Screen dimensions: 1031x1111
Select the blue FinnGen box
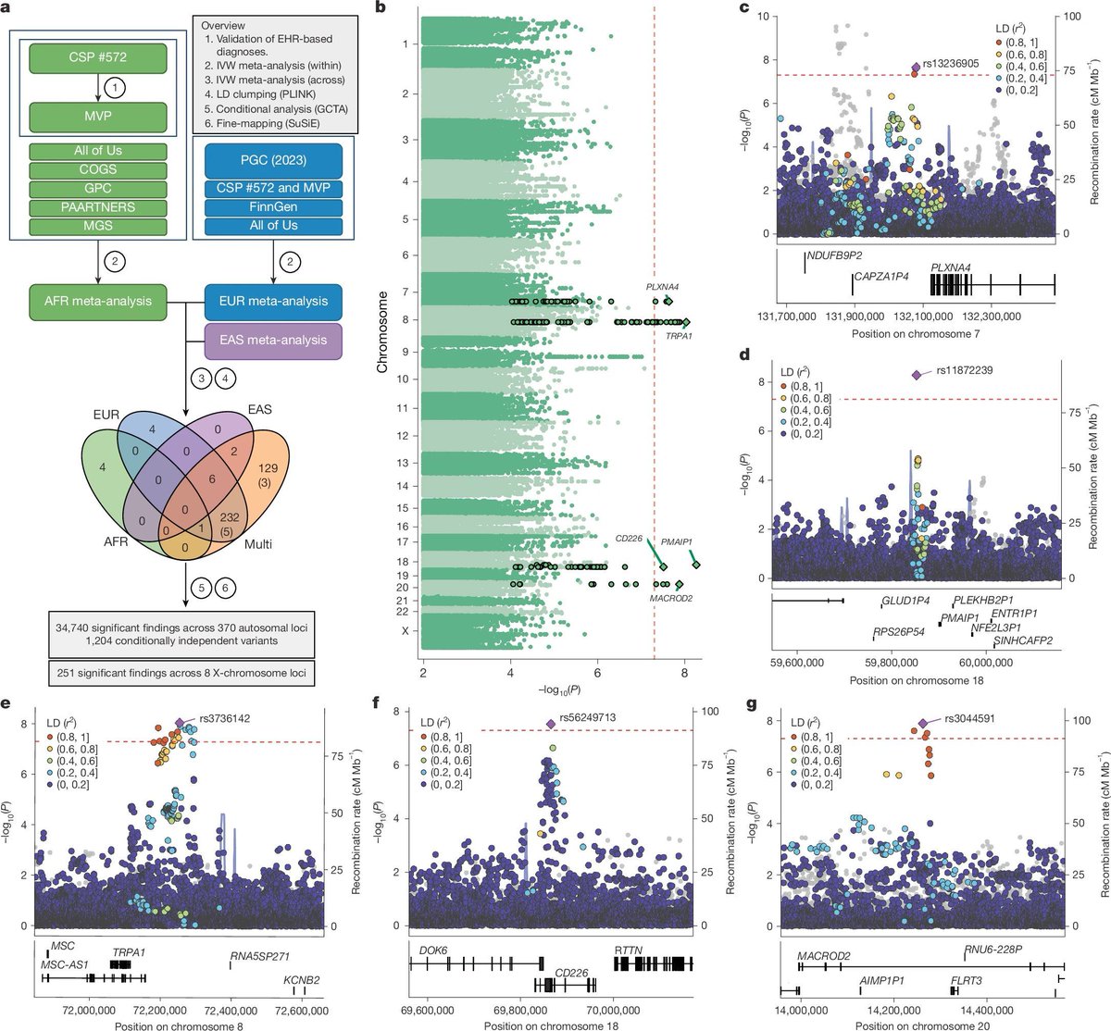coord(268,207)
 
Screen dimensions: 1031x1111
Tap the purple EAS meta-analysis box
coord(273,340)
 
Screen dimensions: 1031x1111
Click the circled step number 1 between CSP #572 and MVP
coord(114,87)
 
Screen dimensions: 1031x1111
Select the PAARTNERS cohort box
coord(97,208)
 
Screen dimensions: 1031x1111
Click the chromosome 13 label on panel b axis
coord(402,463)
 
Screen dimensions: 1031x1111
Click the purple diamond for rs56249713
coord(551,724)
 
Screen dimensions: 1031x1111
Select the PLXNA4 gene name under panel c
coord(951,267)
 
